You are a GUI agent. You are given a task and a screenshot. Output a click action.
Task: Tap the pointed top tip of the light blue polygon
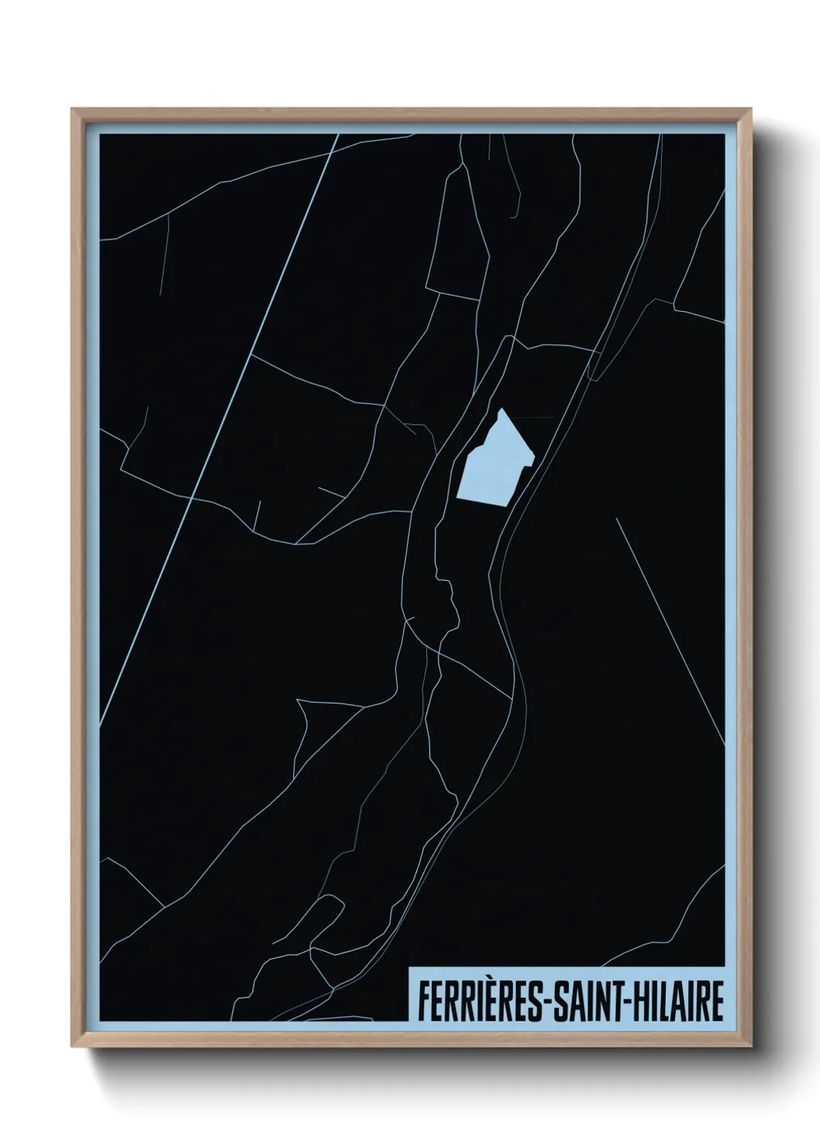[502, 410]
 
